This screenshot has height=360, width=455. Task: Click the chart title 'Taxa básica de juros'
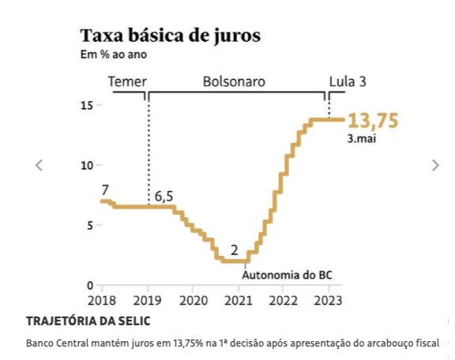click(x=170, y=36)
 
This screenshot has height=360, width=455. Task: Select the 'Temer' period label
click(x=127, y=81)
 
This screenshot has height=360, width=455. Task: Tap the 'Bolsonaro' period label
click(x=234, y=81)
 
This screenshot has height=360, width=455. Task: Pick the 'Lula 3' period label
click(x=348, y=81)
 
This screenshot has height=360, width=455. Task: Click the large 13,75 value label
click(x=373, y=121)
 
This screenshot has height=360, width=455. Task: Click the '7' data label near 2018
click(x=104, y=189)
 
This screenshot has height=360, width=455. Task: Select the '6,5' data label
click(x=164, y=196)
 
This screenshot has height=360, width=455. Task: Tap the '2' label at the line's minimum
click(x=234, y=250)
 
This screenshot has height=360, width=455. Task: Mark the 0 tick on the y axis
click(x=90, y=285)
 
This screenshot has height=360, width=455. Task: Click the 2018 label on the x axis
click(x=101, y=301)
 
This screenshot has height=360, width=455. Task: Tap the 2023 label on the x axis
click(x=328, y=301)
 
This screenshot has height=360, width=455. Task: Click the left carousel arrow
click(x=39, y=165)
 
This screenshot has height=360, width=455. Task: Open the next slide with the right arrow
click(x=434, y=165)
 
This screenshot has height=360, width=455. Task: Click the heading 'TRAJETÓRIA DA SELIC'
click(x=88, y=321)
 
